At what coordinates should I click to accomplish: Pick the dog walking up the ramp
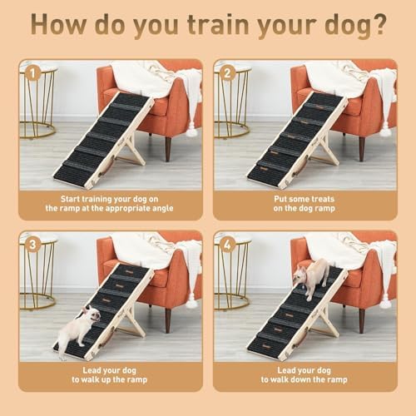(81, 327)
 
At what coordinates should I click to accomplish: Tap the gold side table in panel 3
(37, 275)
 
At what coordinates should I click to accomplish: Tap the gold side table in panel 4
(231, 275)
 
